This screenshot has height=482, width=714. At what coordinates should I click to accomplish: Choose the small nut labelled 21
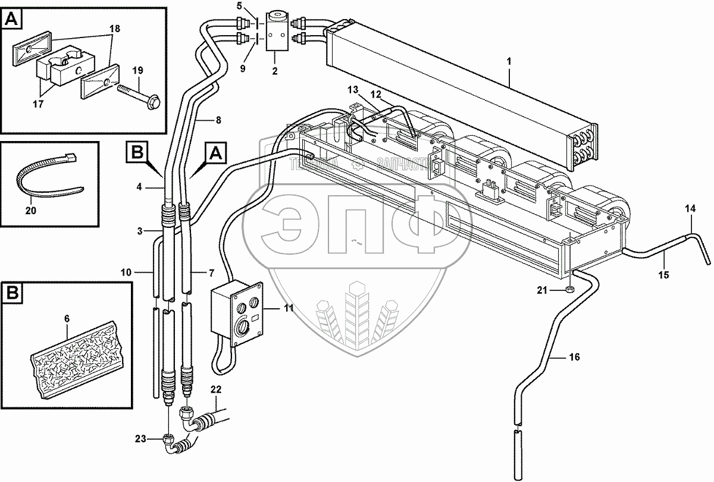(568, 290)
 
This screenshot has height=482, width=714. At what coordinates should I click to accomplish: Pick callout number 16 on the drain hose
(574, 357)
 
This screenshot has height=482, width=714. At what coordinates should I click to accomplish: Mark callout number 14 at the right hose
(690, 208)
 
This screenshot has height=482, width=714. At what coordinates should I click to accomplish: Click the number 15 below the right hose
(663, 275)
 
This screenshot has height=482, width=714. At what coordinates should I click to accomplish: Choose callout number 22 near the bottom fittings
(215, 389)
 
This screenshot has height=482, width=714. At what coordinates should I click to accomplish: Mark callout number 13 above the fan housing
(353, 89)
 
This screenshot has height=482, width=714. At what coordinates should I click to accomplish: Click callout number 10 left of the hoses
(125, 272)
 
